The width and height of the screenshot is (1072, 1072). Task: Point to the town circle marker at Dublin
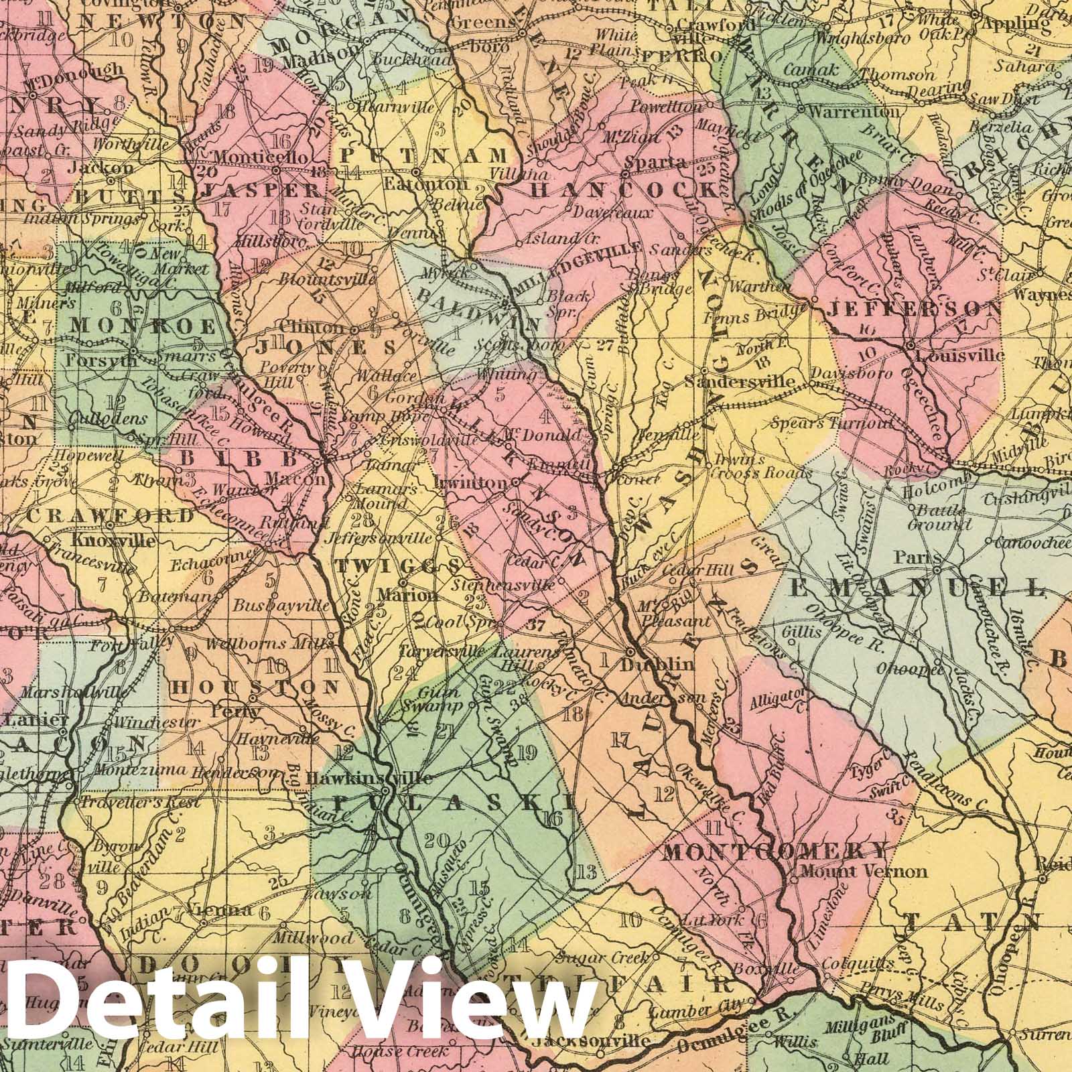(630, 651)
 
